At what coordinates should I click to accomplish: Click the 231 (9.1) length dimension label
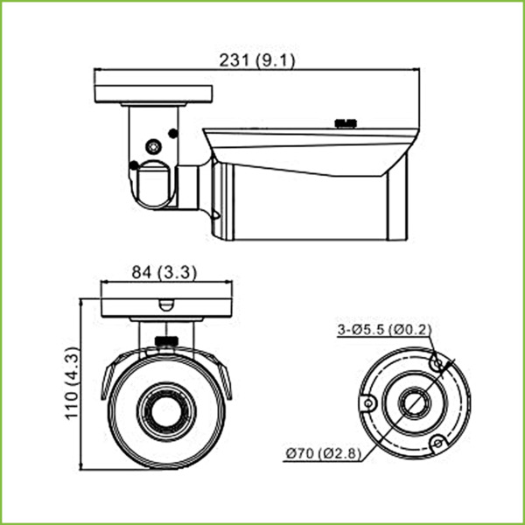click(x=253, y=60)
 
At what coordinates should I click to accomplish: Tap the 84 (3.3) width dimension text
click(x=164, y=272)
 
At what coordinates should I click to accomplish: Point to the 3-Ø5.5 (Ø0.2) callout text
click(x=384, y=330)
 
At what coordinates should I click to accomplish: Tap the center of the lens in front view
click(x=165, y=408)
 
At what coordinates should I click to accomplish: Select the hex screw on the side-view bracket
click(x=154, y=147)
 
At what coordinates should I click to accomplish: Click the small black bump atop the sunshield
click(x=347, y=123)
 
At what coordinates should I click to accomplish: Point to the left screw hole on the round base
click(x=369, y=403)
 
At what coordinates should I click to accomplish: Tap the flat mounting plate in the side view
click(x=144, y=92)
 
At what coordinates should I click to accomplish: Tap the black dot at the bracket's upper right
click(x=172, y=134)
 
